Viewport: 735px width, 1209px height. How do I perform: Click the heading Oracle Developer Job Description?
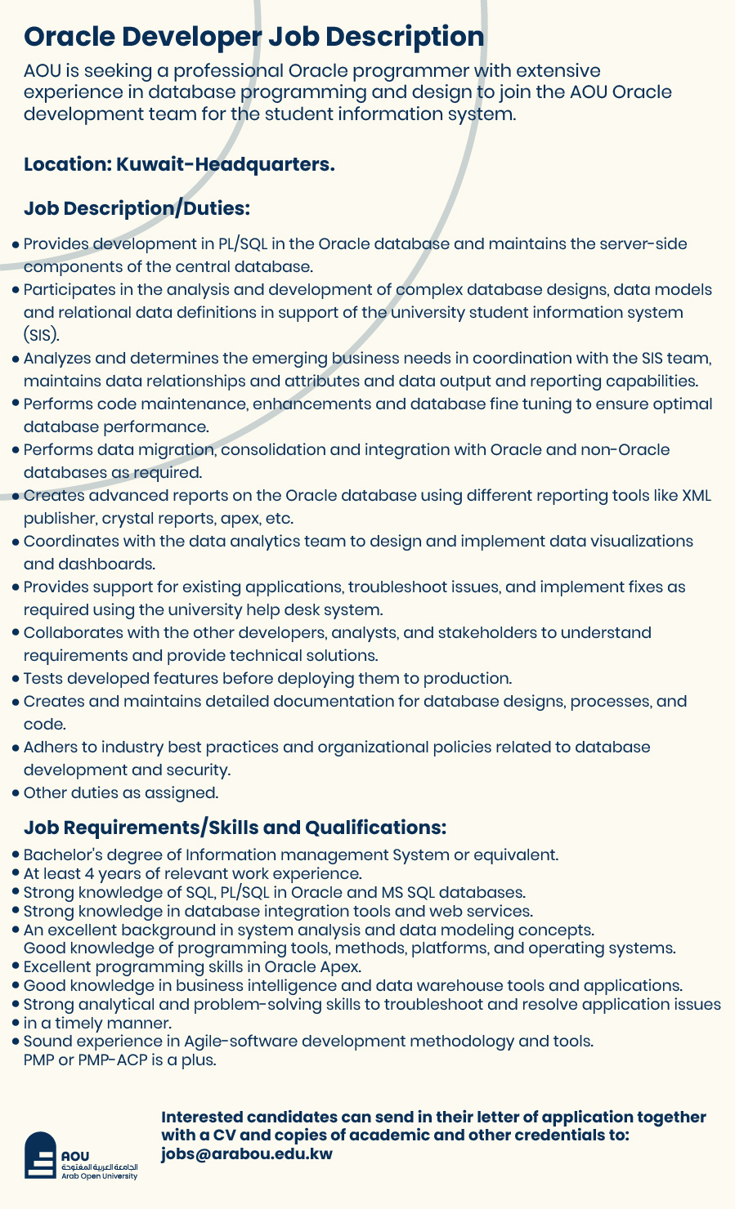253,37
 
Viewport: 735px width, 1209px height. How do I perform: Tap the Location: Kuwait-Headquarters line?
179,164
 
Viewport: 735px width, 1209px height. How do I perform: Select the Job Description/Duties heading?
136,208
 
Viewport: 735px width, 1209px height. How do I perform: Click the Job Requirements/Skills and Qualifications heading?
235,828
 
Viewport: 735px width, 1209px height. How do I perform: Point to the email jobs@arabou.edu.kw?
246,1153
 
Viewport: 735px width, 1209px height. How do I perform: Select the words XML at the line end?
696,496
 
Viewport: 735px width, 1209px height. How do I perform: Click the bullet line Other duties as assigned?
121,792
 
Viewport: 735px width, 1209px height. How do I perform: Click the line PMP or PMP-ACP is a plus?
119,1060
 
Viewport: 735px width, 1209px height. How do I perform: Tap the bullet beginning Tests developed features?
267,678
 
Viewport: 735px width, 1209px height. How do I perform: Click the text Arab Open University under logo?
100,1176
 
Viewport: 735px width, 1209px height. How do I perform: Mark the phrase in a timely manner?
97,1024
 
